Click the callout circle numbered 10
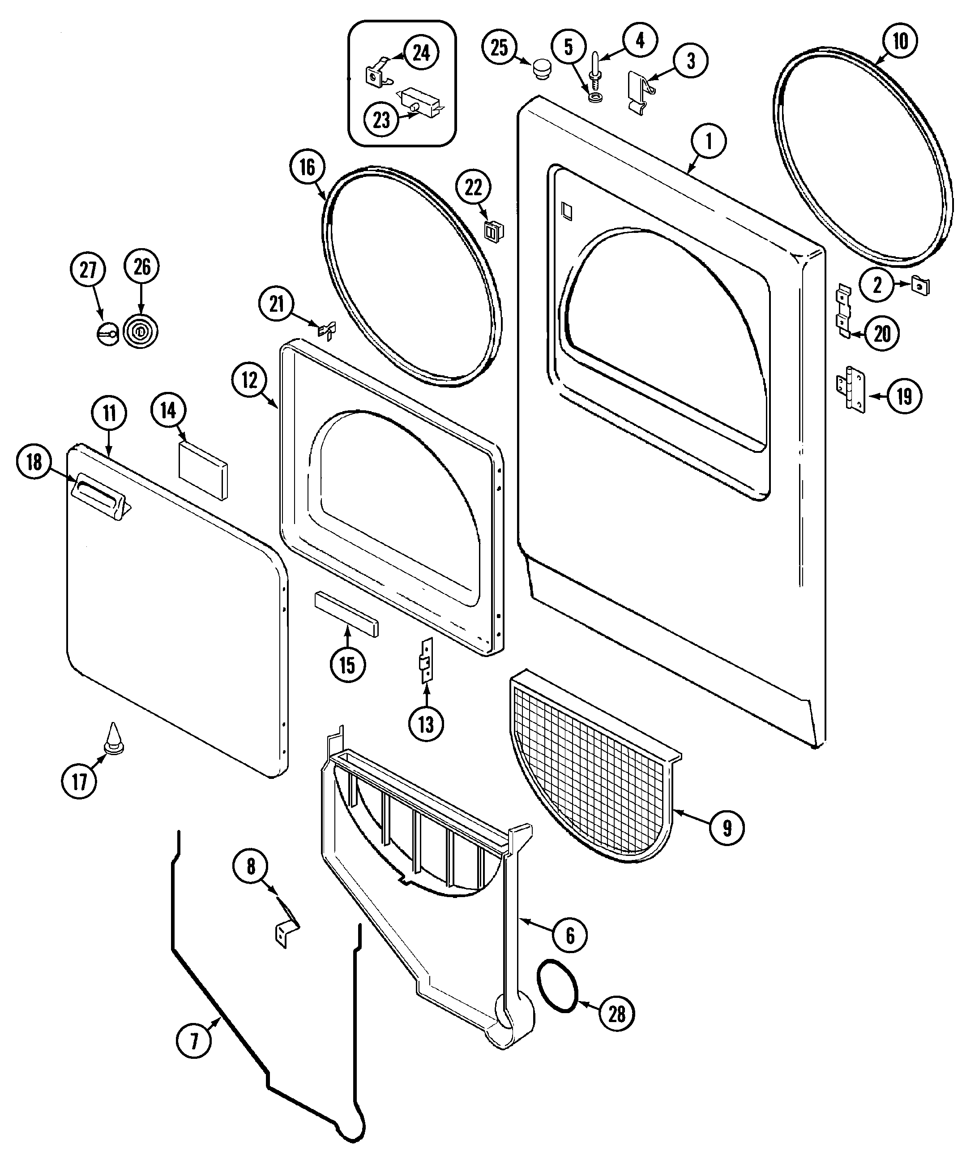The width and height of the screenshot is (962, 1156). point(900,40)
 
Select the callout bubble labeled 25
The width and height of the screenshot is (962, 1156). point(499,47)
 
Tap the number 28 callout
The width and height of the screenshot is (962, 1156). point(616,1014)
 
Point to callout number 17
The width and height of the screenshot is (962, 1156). point(80,781)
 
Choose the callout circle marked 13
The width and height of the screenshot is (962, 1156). point(426,724)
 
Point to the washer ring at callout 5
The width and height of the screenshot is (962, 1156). point(594,97)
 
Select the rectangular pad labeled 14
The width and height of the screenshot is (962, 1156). point(202,469)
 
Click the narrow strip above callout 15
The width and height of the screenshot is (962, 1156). point(346,614)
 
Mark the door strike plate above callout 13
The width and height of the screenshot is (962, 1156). point(427,660)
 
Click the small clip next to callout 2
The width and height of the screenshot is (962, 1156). point(920,286)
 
